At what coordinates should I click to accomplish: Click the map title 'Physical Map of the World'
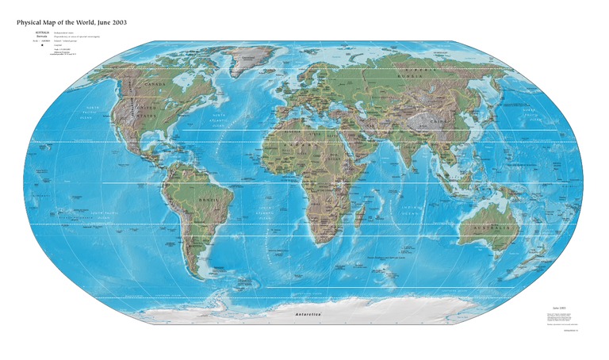click(x=71, y=22)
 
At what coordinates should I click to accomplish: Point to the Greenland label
click(x=252, y=58)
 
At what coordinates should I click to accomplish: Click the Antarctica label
click(x=308, y=316)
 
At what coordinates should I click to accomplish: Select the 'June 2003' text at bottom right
click(x=558, y=305)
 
